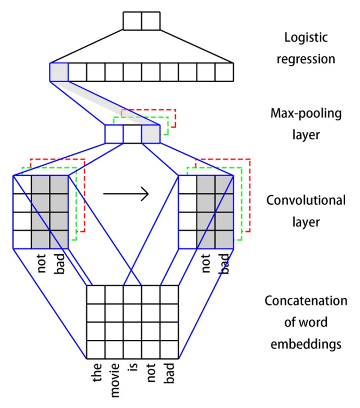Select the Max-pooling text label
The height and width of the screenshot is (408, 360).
(306, 114)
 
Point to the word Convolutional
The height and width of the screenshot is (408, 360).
(306, 200)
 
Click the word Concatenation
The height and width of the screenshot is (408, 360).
(306, 301)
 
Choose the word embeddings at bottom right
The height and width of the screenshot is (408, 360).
(306, 344)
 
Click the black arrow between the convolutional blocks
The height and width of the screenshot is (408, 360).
(126, 194)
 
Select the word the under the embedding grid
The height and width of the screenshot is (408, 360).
(97, 373)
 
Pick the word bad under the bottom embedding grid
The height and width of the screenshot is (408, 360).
(169, 372)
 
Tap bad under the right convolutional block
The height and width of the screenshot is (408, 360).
(225, 264)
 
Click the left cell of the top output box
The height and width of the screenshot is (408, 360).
(133, 21)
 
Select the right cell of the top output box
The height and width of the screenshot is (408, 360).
(151, 21)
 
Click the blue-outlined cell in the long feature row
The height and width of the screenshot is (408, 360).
(59, 72)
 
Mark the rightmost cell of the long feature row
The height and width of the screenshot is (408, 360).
(225, 72)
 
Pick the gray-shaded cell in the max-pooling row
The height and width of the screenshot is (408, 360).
(150, 134)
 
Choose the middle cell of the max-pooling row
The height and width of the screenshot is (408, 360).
(132, 134)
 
